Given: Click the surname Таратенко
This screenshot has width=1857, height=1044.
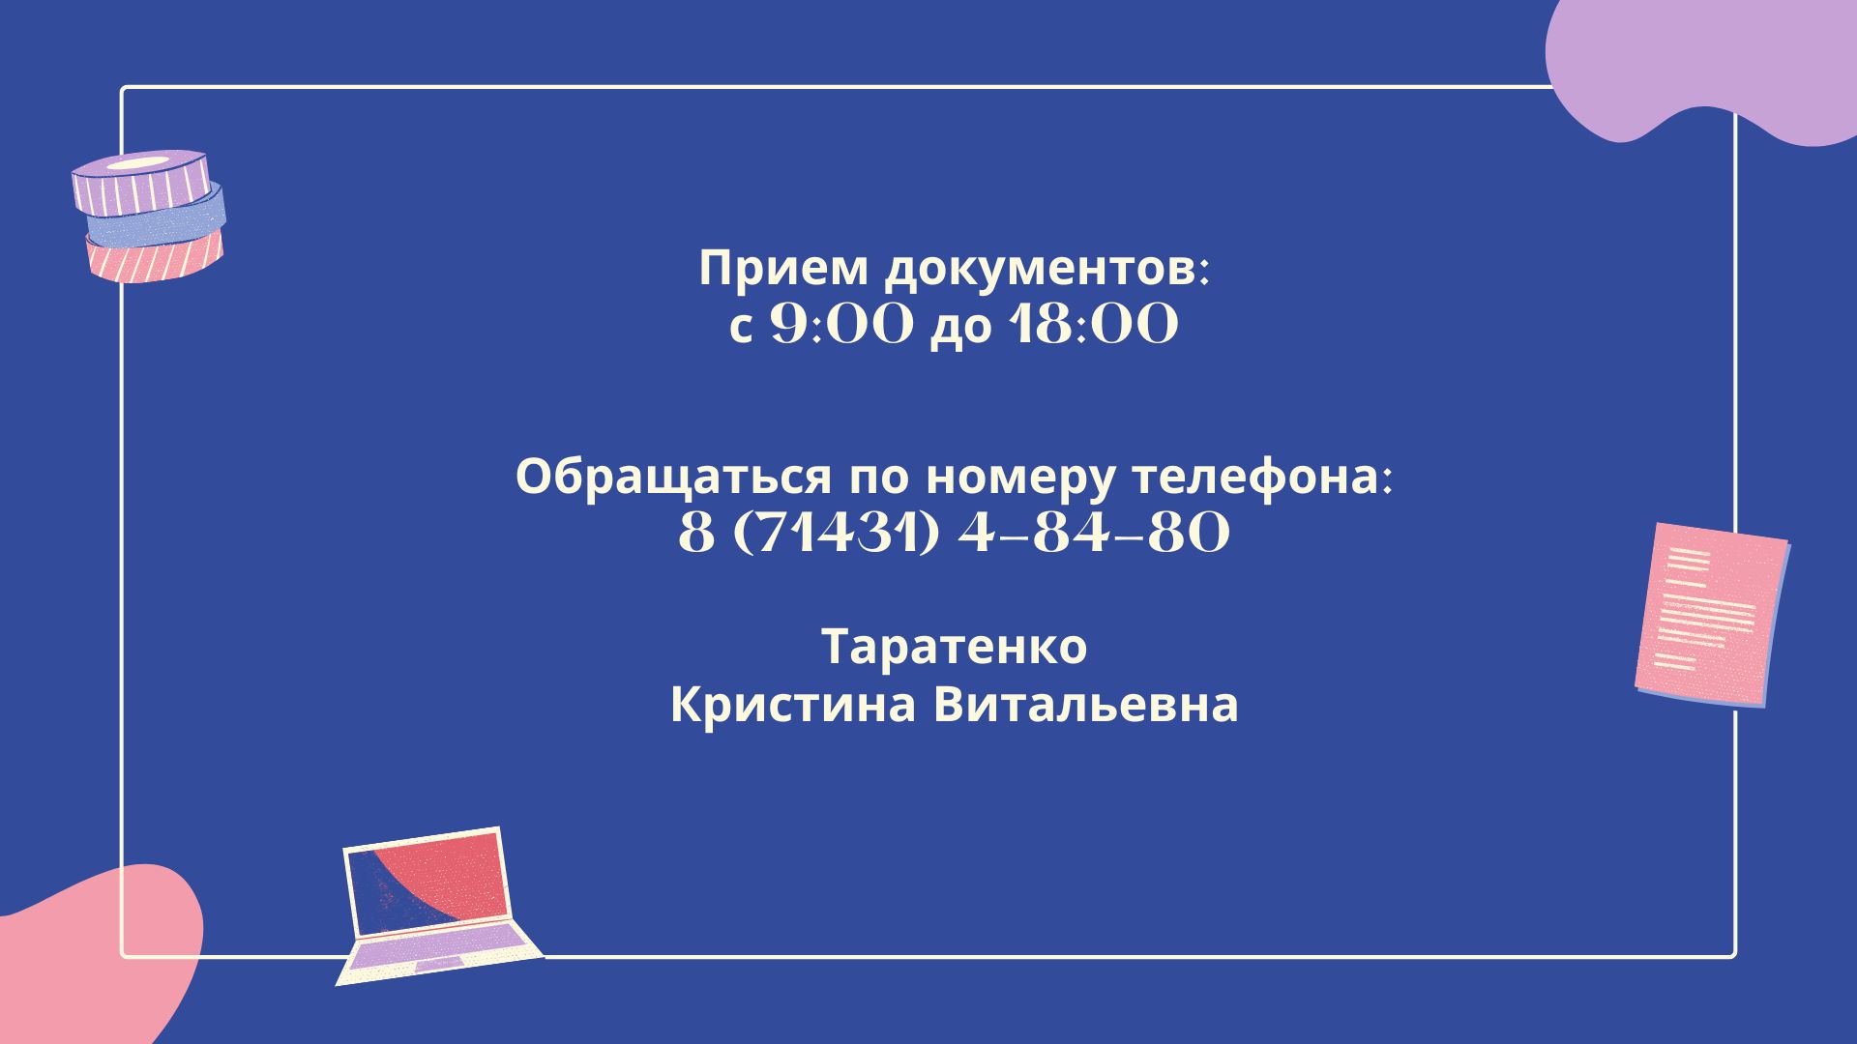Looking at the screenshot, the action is coord(955,648).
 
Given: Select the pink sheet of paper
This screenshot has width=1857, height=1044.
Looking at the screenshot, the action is coord(1711,615).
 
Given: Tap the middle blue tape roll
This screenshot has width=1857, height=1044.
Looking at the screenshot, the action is coord(157,218).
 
